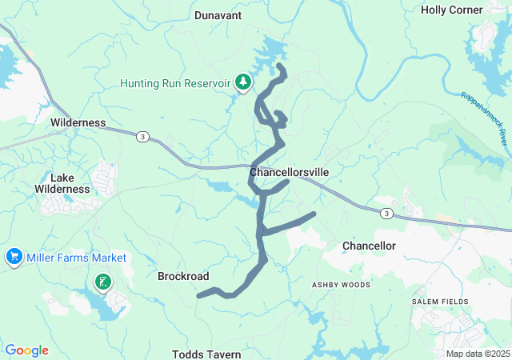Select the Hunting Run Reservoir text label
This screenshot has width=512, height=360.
(x=175, y=83)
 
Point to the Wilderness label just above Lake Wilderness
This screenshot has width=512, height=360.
(x=78, y=122)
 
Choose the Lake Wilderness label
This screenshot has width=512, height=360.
(x=62, y=183)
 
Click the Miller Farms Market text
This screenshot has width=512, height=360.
(x=76, y=258)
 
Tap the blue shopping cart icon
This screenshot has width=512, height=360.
(x=14, y=258)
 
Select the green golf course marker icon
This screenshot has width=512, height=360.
(x=102, y=282)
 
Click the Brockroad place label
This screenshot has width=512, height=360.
(x=183, y=276)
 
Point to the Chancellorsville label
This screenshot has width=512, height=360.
(x=289, y=172)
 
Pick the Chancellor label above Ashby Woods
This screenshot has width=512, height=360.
(x=369, y=246)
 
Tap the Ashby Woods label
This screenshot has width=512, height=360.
(x=341, y=284)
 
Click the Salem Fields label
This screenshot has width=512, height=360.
(x=437, y=300)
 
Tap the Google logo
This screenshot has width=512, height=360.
(x=27, y=350)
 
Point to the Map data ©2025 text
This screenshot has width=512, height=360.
(x=478, y=354)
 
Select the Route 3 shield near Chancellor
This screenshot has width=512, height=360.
(x=386, y=214)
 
